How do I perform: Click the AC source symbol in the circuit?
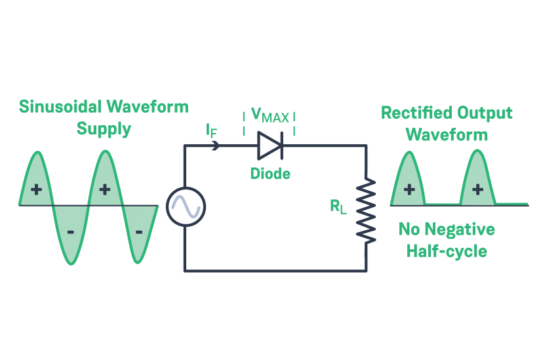pos(186,207)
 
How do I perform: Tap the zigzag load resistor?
pos(366,210)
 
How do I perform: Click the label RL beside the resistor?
pos(338,207)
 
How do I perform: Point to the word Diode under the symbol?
pos(270,174)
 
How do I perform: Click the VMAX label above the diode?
pos(270,117)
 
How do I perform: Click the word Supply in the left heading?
pos(104,129)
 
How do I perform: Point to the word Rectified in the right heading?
pos(413,113)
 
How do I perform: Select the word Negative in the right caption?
pos(462,230)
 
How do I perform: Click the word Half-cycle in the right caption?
pos(447,251)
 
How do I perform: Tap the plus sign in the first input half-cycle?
pos(36,190)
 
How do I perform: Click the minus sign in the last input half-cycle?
pos(138,231)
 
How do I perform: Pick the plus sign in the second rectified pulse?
pos(477,190)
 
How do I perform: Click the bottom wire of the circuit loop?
pos(275,270)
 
